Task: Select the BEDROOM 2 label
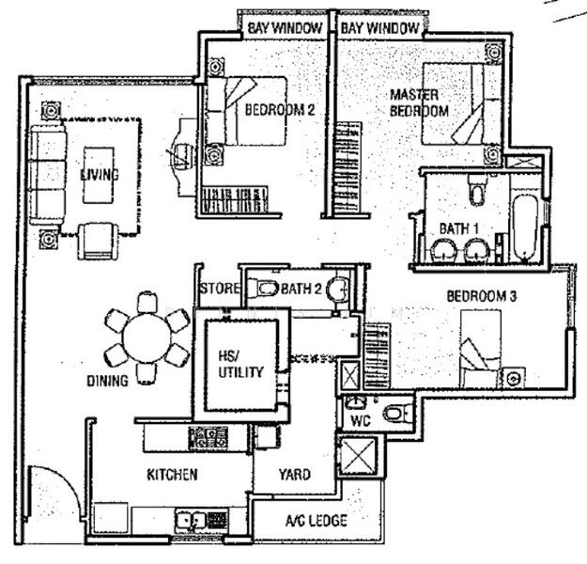point(279,110)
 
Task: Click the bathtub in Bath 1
point(522,227)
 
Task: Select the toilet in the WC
point(398,412)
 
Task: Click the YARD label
point(294,475)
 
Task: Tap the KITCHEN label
point(172,475)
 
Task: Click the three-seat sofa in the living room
point(43,176)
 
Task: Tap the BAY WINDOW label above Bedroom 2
point(285,29)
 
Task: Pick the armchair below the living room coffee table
point(96,240)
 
